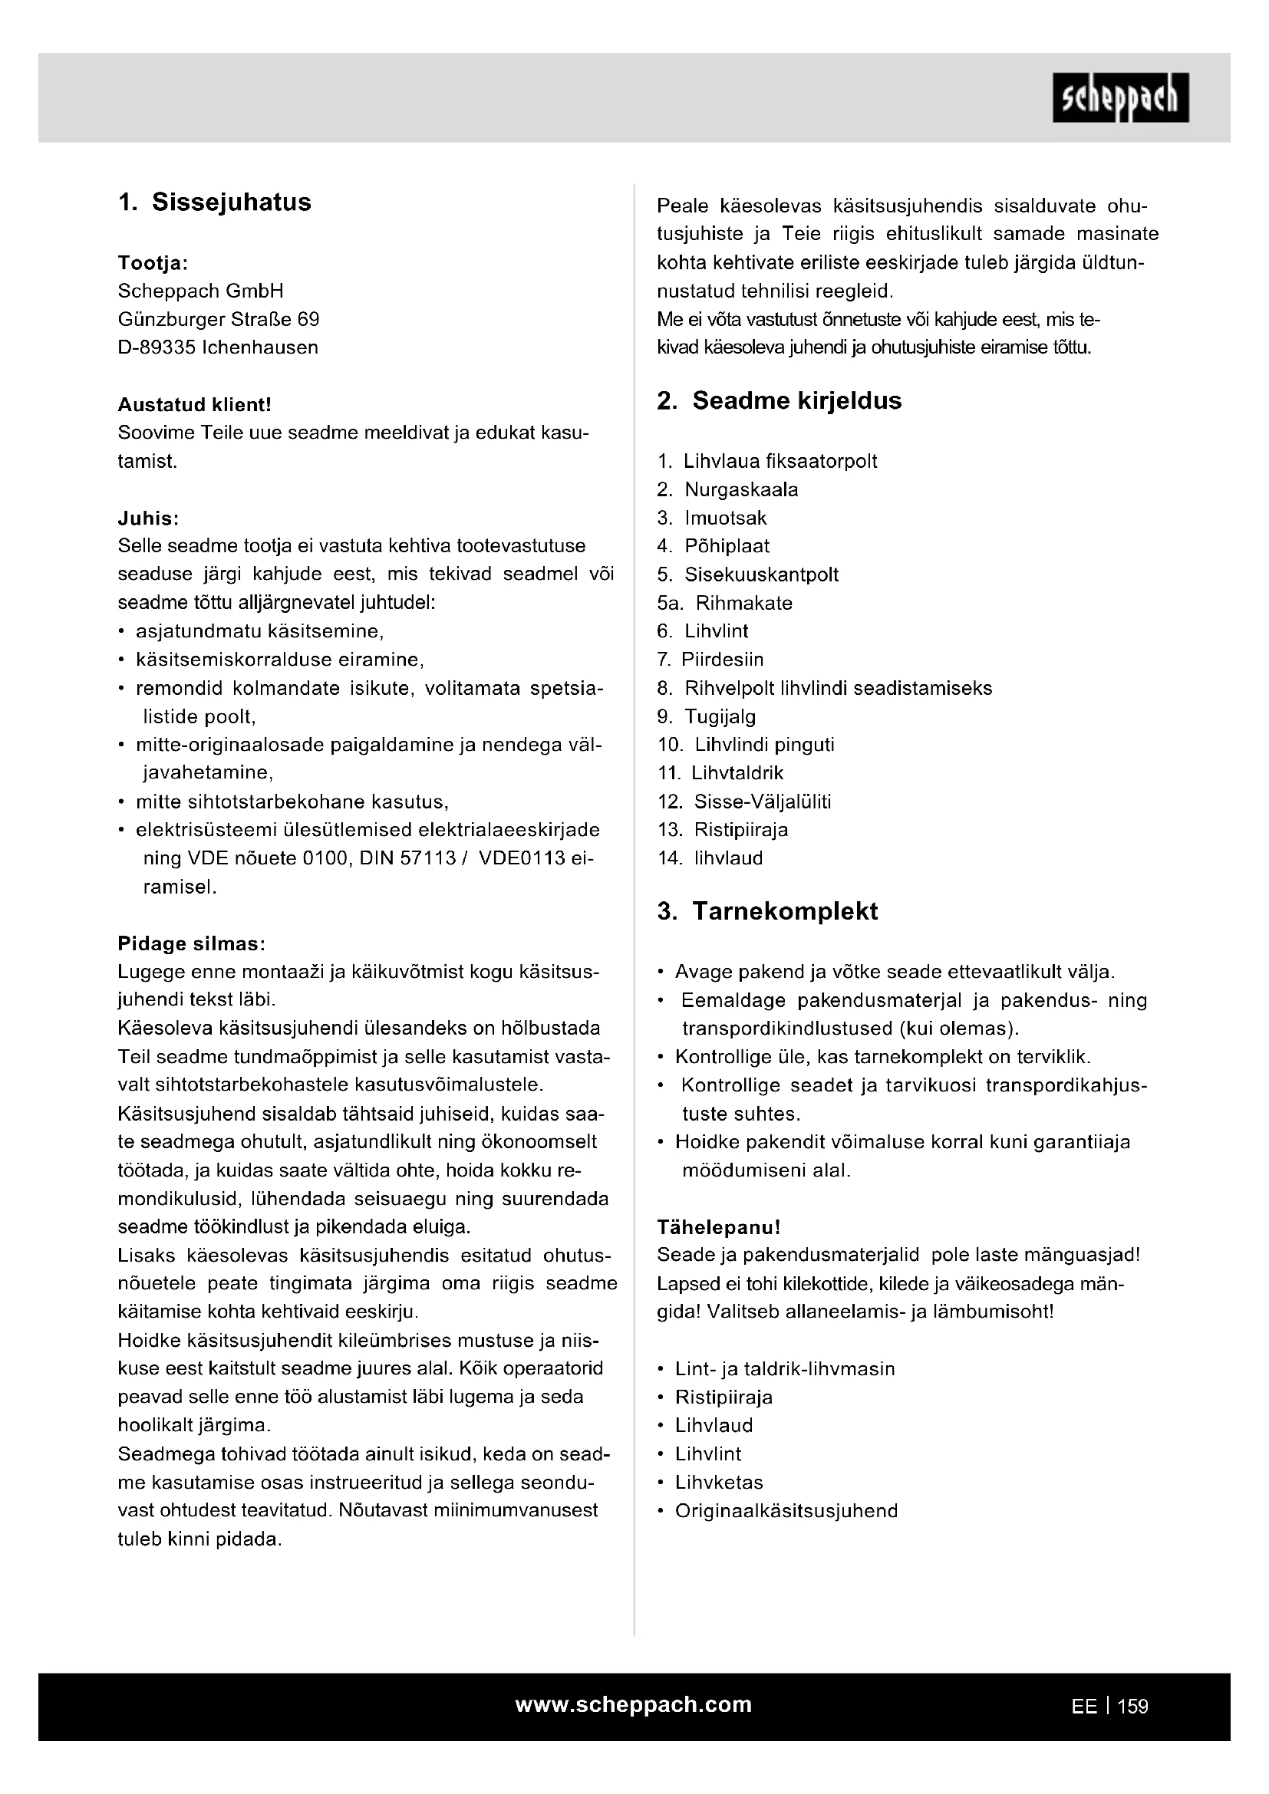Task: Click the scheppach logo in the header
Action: click(x=1119, y=97)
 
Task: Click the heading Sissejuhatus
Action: click(x=231, y=202)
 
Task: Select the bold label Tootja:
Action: click(x=153, y=262)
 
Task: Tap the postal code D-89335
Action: click(x=157, y=347)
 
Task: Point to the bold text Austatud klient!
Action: click(x=195, y=405)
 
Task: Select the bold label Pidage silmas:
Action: click(x=192, y=943)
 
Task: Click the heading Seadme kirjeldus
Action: click(x=796, y=401)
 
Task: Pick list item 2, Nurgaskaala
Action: click(x=741, y=490)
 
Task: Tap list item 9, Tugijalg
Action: click(x=720, y=716)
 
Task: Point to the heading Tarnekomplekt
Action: click(x=785, y=911)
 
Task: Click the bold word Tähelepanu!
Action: click(x=719, y=1227)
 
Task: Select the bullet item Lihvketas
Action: click(x=719, y=1483)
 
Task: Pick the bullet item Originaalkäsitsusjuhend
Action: click(x=786, y=1510)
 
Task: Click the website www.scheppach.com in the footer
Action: click(x=634, y=1704)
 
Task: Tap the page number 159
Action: click(x=1132, y=1707)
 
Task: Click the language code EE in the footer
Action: click(x=1084, y=1707)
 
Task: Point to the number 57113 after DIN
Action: click(x=427, y=858)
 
